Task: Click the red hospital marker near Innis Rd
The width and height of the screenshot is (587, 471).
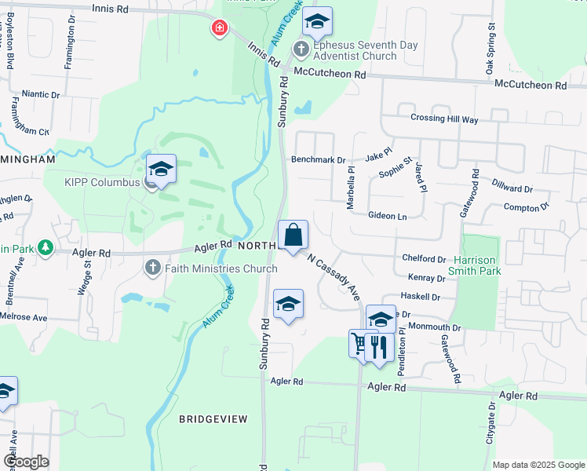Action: (x=219, y=29)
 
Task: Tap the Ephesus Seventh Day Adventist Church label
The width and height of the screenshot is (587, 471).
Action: (x=366, y=50)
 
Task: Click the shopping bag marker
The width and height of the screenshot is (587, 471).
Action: (x=293, y=235)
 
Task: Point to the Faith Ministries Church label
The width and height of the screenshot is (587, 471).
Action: (x=221, y=268)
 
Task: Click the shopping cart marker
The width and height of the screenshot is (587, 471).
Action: (x=359, y=343)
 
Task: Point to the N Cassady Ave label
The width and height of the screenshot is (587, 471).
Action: (x=334, y=277)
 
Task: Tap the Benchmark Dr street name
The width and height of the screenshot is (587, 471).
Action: (x=319, y=159)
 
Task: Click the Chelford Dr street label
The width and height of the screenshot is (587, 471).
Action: (x=424, y=258)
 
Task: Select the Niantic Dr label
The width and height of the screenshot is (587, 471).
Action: (x=41, y=94)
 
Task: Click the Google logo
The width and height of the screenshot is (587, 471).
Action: (x=26, y=462)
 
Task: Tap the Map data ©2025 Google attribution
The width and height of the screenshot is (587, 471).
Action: (x=538, y=465)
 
